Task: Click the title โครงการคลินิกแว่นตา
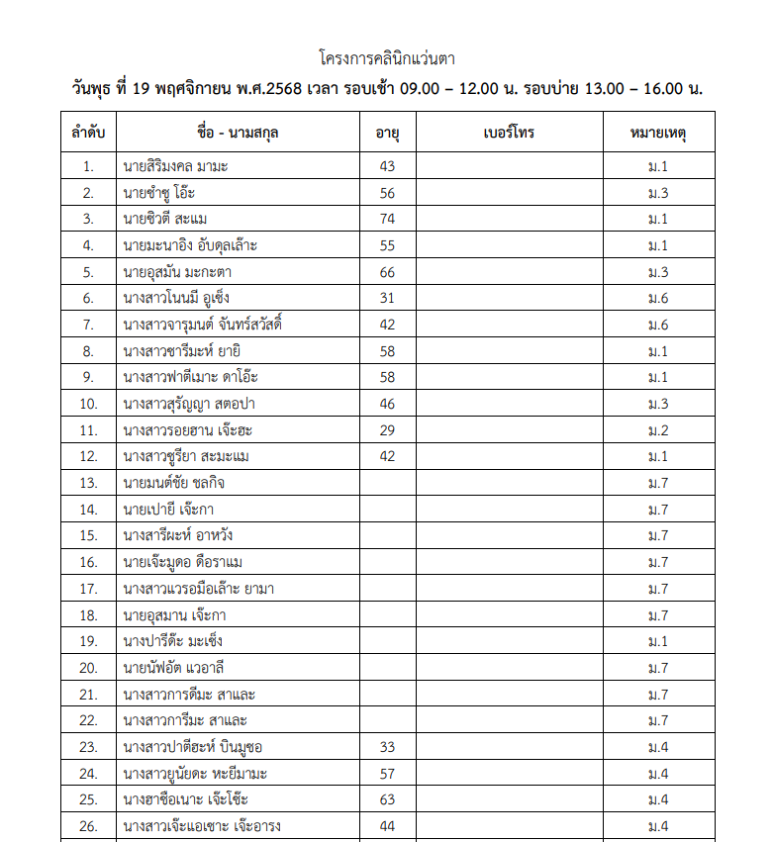[387, 58]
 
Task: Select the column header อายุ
[387, 133]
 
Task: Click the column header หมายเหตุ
[658, 133]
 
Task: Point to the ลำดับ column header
[89, 133]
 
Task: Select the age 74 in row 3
[387, 219]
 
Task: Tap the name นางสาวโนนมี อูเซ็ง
[178, 298]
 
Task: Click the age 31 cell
[387, 298]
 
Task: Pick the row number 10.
[89, 404]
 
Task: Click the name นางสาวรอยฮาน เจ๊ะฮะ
[185, 430]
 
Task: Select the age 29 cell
[387, 430]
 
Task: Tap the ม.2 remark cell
[658, 430]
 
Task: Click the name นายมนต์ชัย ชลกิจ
[174, 483]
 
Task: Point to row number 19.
[89, 641]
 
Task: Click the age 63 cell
[387, 799]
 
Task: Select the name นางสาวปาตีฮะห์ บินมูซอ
[193, 747]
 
